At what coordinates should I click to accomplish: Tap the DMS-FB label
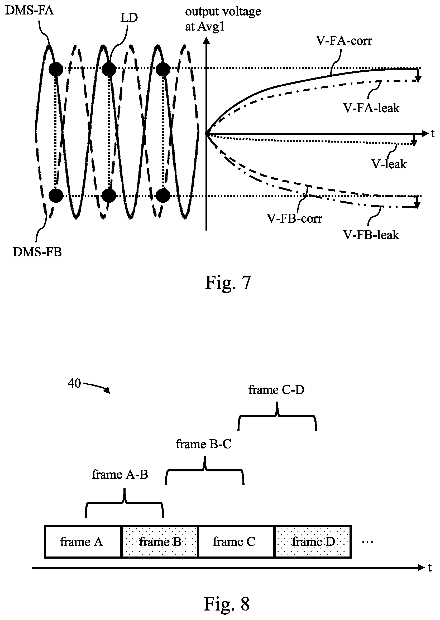pyautogui.click(x=37, y=252)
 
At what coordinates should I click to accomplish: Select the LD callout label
pyautogui.click(x=129, y=18)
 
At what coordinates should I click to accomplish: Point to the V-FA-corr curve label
pyautogui.click(x=344, y=41)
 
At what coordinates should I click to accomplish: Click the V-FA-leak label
pyautogui.click(x=371, y=108)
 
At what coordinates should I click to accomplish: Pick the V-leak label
pyautogui.click(x=389, y=164)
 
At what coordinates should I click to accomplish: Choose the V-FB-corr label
pyautogui.click(x=294, y=219)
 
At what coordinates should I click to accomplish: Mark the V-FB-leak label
pyautogui.click(x=371, y=235)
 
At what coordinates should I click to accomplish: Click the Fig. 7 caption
pyautogui.click(x=228, y=283)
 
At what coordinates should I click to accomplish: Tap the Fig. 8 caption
pyautogui.click(x=227, y=604)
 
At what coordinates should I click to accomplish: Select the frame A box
pyautogui.click(x=83, y=542)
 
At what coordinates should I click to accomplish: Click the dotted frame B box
pyautogui.click(x=160, y=542)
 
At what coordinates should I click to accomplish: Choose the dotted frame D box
pyautogui.click(x=313, y=542)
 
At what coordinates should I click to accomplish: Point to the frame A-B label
pyautogui.click(x=120, y=475)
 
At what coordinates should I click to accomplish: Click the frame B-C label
pyautogui.click(x=203, y=444)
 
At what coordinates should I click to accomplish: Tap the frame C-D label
pyautogui.click(x=276, y=390)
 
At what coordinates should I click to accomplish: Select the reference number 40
pyautogui.click(x=74, y=383)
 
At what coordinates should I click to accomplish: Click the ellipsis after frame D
pyautogui.click(x=368, y=542)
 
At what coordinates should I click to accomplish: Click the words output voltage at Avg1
pyautogui.click(x=223, y=19)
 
